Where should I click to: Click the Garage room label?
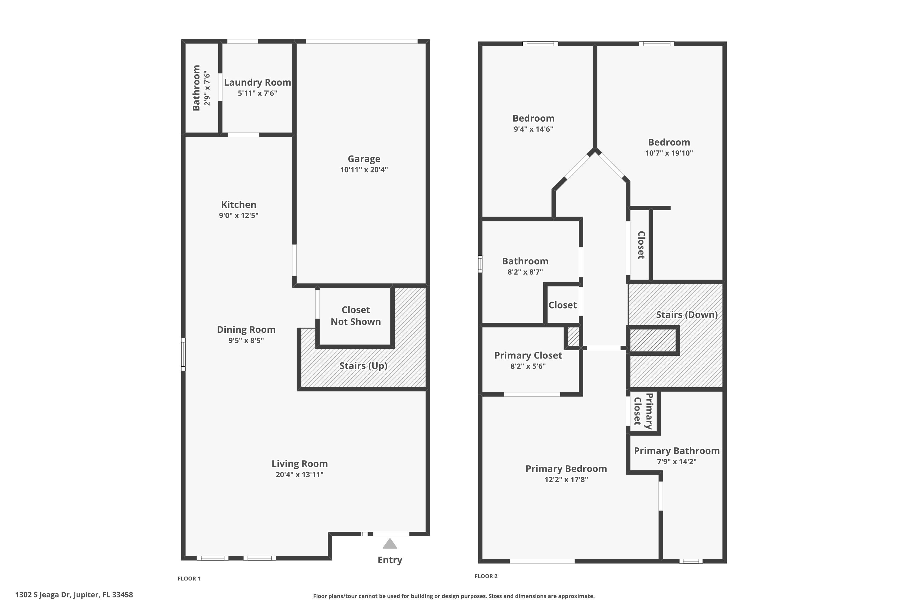(364, 159)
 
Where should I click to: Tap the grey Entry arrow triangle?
(390, 544)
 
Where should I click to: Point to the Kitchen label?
(239, 205)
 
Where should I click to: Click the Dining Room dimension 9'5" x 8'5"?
(246, 340)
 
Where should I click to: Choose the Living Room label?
(300, 464)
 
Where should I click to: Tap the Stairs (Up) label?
(363, 366)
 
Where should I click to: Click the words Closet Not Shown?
(356, 316)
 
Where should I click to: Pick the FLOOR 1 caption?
(189, 578)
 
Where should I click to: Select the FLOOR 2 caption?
(486, 576)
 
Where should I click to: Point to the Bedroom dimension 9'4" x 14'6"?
(533, 129)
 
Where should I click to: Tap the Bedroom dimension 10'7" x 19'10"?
(669, 153)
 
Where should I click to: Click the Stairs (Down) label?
(687, 315)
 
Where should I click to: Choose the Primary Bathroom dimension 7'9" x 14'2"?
(677, 462)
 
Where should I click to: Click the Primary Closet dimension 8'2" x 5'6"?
(528, 366)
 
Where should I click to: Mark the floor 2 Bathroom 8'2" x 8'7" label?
(525, 261)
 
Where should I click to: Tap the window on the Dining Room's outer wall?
(183, 354)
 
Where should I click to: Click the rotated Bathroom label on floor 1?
(196, 88)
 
